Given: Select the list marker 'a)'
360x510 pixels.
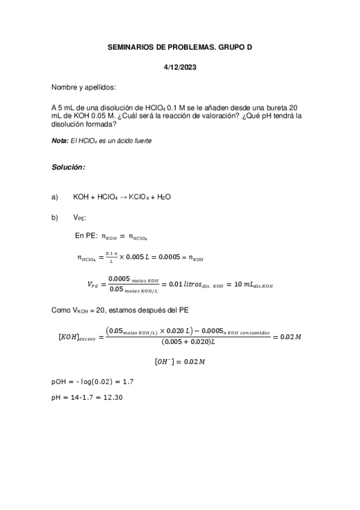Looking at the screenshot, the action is tap(56, 197).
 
